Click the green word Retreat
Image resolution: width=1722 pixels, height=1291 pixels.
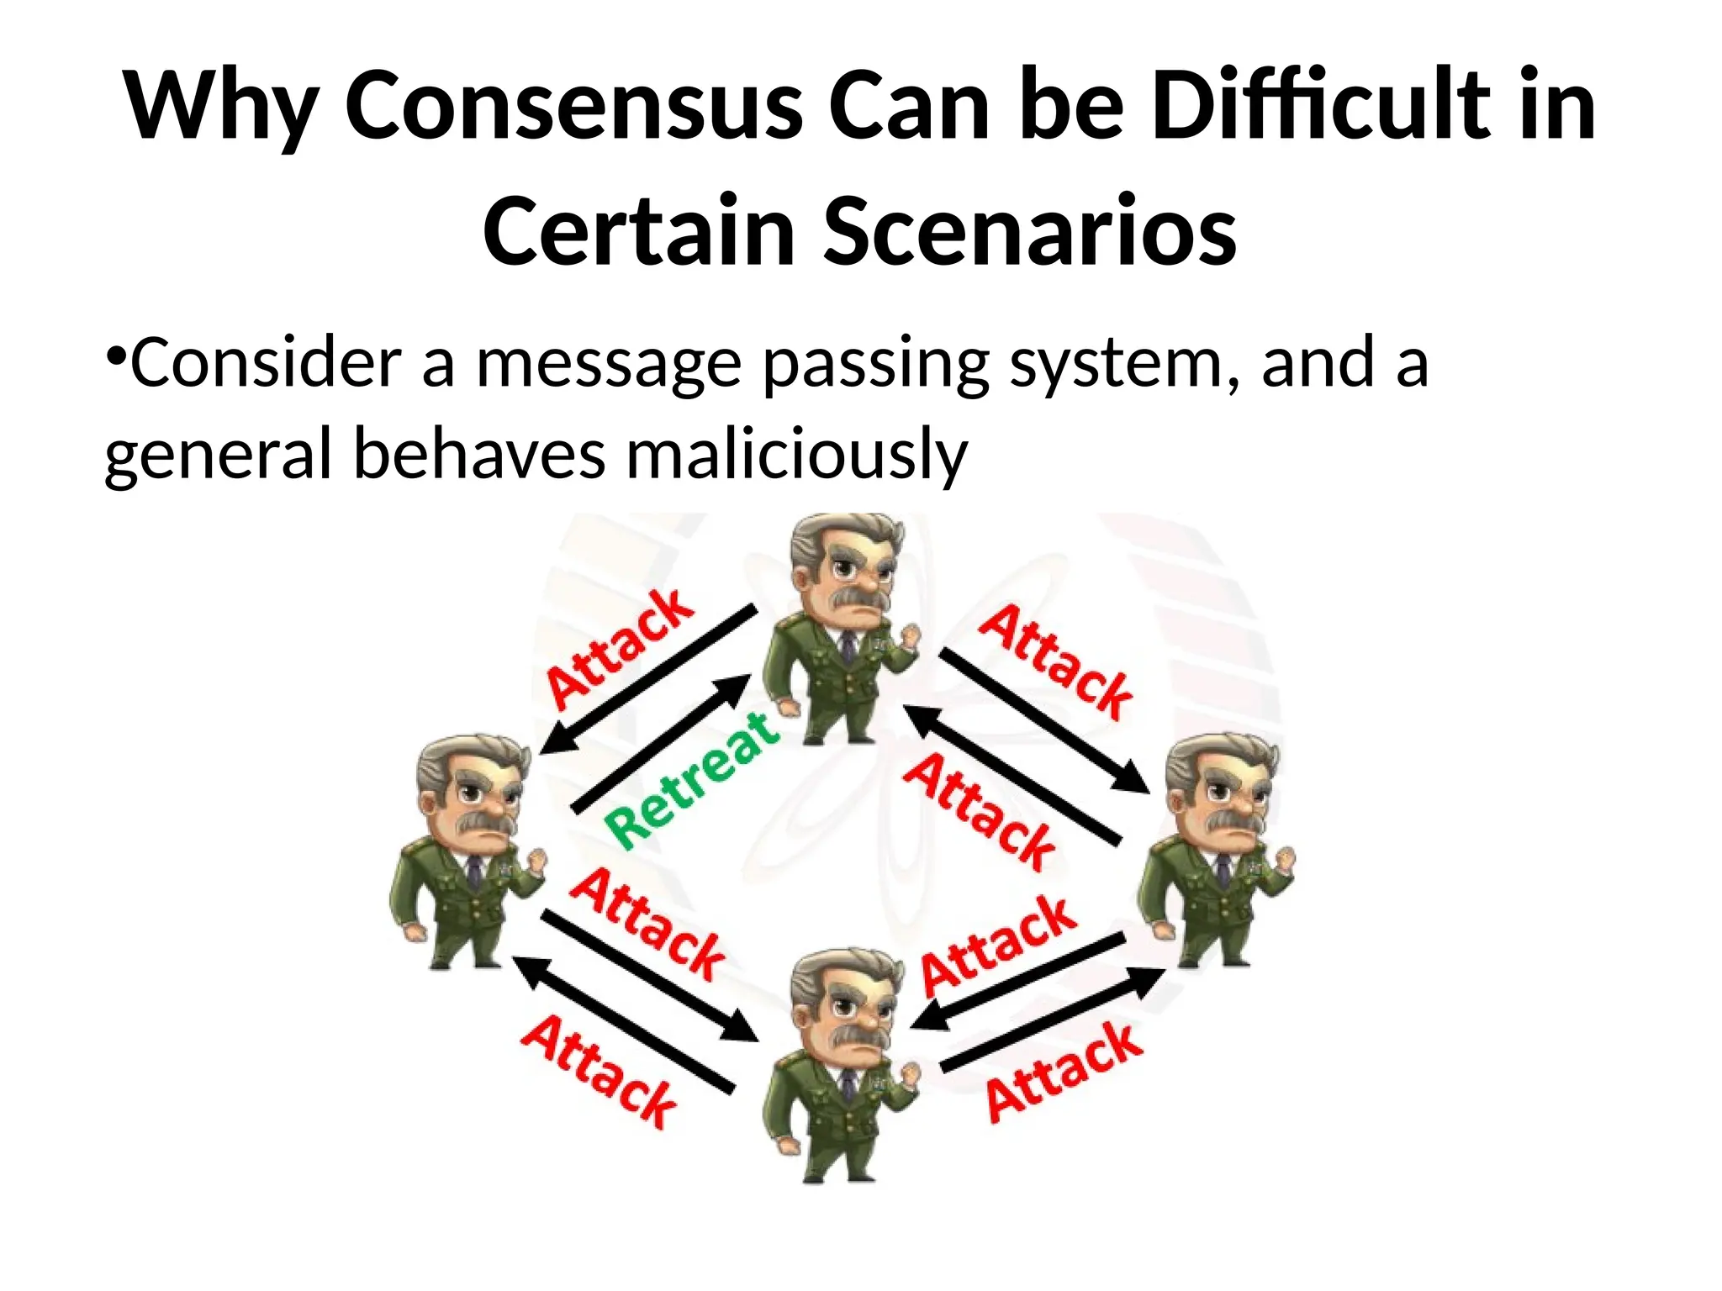click(692, 779)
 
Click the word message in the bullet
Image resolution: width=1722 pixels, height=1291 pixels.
click(610, 363)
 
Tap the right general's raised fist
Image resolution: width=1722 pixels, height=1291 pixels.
click(1284, 859)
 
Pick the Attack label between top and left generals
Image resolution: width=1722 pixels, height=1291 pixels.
click(621, 648)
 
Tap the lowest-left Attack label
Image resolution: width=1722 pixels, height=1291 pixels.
click(599, 1072)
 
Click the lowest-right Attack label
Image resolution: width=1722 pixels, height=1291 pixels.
click(1064, 1072)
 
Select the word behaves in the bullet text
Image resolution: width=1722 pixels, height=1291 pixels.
click(479, 455)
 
